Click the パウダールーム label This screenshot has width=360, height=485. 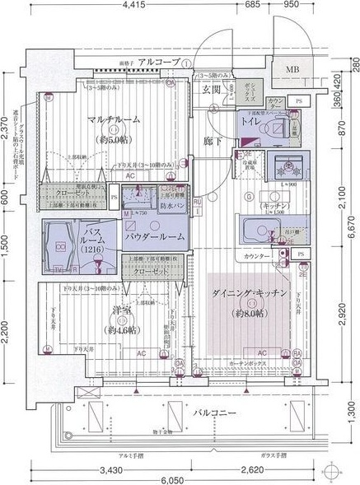pos(154,236)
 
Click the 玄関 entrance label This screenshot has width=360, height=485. pos(211,90)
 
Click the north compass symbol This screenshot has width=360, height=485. pos(335,471)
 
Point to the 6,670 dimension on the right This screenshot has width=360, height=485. pos(352,223)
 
